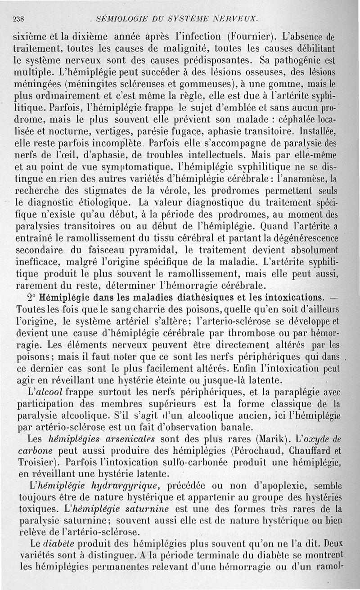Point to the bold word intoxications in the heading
pyautogui.click(x=283, y=298)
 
